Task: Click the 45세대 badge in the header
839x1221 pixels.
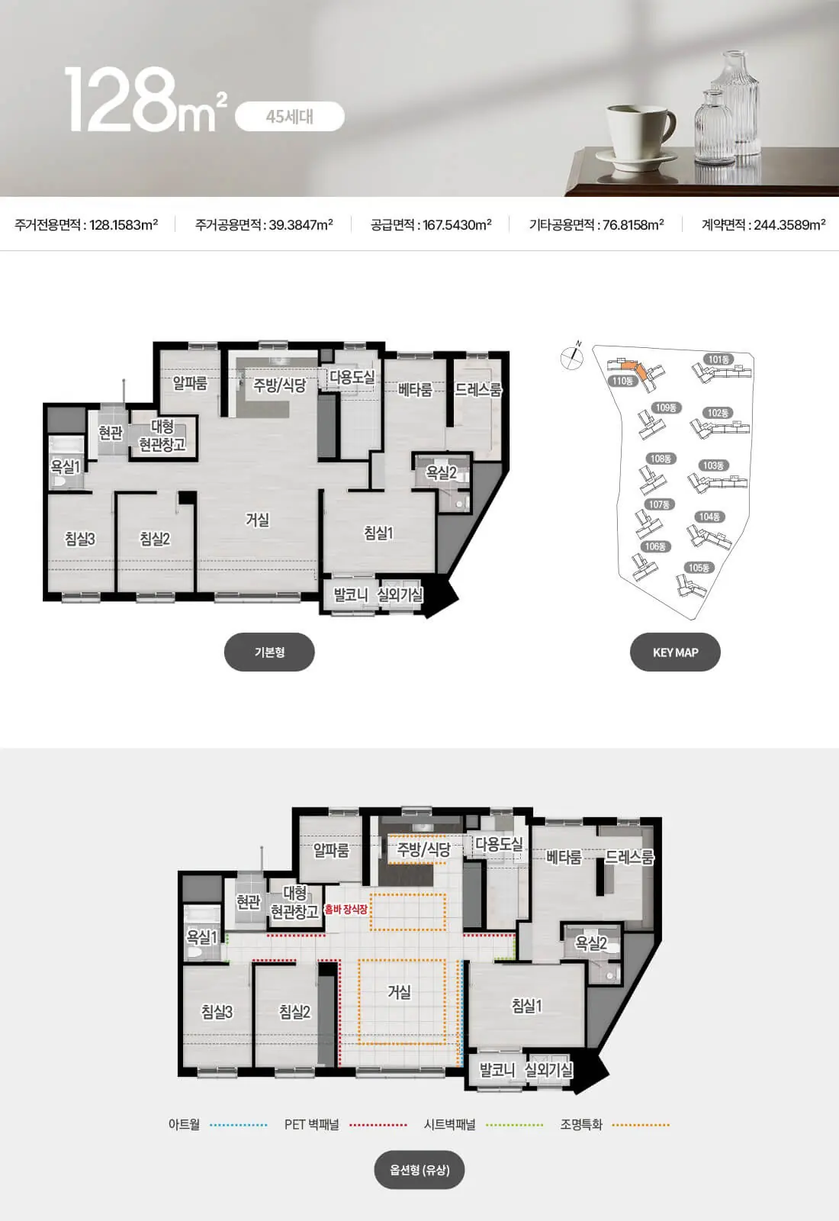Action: [x=289, y=117]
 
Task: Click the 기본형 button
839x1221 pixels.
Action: [x=269, y=652]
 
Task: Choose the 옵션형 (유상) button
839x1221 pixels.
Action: [x=419, y=1170]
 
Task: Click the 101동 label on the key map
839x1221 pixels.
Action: [x=718, y=359]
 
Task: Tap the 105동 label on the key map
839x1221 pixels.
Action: [x=699, y=568]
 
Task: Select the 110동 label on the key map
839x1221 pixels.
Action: [x=622, y=381]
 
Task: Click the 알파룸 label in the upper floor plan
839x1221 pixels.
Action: [x=190, y=383]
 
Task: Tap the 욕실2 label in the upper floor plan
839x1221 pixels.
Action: [x=441, y=472]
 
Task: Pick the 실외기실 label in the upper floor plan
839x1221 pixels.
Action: [x=400, y=594]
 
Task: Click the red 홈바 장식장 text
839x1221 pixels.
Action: [x=346, y=909]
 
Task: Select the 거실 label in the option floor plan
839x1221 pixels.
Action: [x=399, y=991]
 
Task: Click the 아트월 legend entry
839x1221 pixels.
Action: [x=184, y=1125]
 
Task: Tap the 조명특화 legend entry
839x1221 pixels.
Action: [x=581, y=1125]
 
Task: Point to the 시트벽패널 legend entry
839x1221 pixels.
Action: [x=449, y=1125]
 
